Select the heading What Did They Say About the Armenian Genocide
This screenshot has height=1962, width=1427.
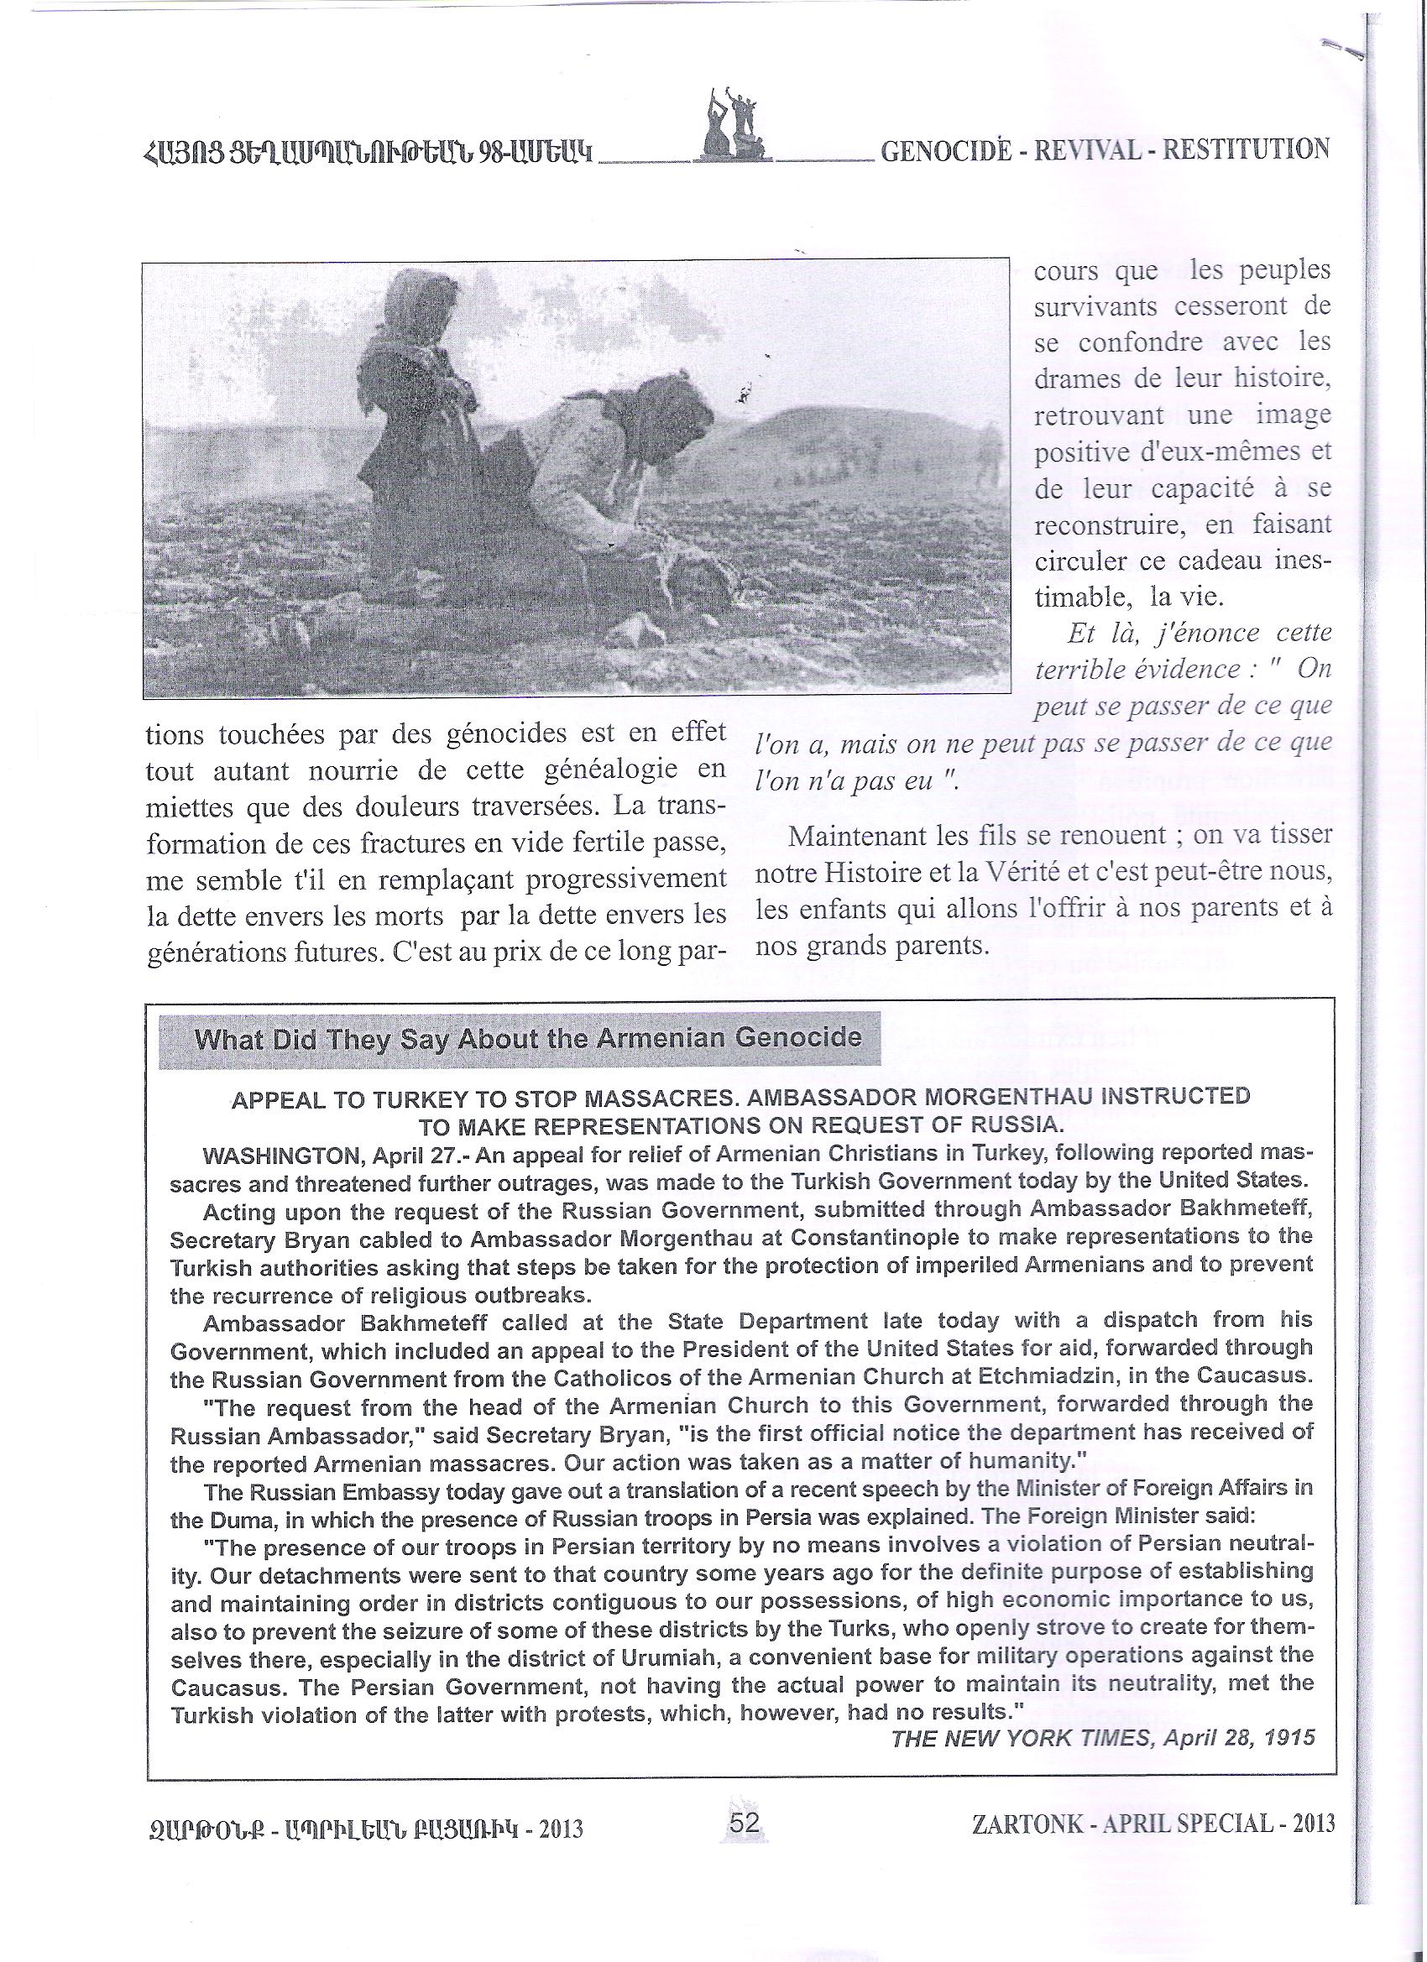pos(528,1037)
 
